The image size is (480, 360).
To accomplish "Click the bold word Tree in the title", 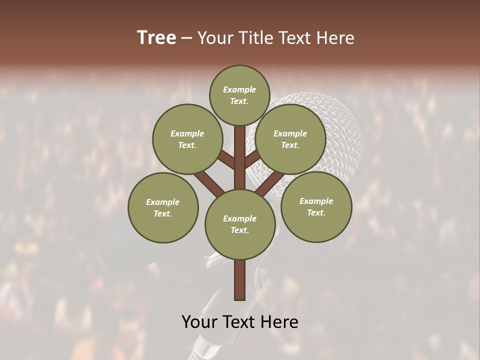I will click(156, 38).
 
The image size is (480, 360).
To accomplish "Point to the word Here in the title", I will click(335, 38).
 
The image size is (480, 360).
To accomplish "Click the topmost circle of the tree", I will click(239, 95).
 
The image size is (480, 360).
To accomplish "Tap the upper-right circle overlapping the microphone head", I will click(290, 139).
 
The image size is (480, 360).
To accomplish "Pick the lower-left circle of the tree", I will click(163, 207).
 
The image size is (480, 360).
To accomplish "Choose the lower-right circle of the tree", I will click(316, 206).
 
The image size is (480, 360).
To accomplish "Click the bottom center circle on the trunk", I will click(239, 224).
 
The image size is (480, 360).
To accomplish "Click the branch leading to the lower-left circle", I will click(209, 182).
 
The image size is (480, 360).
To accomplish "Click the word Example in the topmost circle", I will click(239, 90).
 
